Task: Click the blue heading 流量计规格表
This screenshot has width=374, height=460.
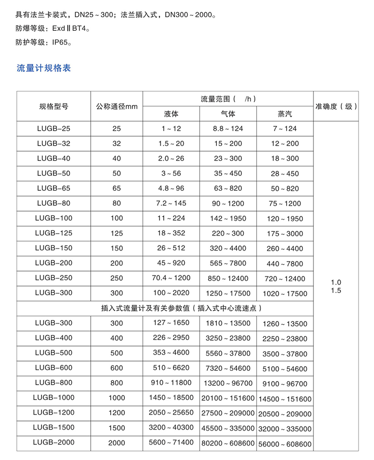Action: [43, 68]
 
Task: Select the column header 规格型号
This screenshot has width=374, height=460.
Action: [54, 106]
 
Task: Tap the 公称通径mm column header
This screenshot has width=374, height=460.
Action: [116, 106]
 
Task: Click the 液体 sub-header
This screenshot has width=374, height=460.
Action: [171, 114]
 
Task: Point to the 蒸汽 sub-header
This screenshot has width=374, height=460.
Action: [284, 114]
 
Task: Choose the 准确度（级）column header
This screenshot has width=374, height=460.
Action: [336, 106]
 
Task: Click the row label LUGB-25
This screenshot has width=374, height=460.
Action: [54, 128]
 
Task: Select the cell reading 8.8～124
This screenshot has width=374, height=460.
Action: [228, 128]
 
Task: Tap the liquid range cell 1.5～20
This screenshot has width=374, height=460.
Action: [171, 143]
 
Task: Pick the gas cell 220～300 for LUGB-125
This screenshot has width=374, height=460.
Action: [228, 233]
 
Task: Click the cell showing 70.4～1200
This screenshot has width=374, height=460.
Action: [171, 278]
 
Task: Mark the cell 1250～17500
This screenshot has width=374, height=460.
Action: [228, 293]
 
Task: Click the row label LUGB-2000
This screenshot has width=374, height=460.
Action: [54, 442]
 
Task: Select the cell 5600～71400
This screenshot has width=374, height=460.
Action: [171, 442]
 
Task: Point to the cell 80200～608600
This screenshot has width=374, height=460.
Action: [228, 443]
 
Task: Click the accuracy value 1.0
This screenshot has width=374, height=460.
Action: [336, 282]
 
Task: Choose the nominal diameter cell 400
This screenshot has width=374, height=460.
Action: [116, 338]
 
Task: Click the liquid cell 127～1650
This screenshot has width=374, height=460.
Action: [171, 322]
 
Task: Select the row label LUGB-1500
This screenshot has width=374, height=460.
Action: [54, 427]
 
